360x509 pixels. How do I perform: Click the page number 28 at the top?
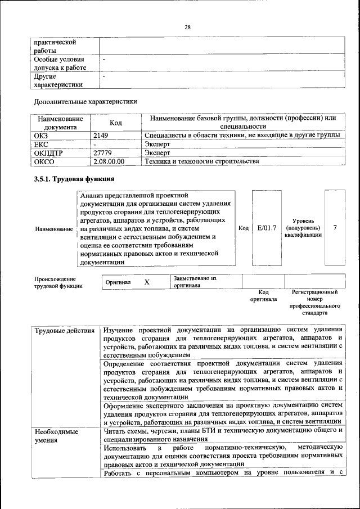188,27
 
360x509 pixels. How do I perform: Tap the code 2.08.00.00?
109,161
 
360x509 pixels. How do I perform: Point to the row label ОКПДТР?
50,152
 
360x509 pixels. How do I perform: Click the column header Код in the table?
116,123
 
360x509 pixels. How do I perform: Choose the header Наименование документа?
61,123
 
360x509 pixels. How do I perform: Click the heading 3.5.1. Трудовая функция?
75,179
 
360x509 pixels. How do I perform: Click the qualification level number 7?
335,228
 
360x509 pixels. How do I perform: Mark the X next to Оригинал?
146,282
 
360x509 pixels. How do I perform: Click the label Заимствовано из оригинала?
195,281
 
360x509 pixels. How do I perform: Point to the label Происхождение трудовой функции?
55,282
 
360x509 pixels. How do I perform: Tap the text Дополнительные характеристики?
85,102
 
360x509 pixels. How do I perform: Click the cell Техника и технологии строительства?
202,161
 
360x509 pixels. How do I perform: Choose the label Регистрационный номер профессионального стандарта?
314,303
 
